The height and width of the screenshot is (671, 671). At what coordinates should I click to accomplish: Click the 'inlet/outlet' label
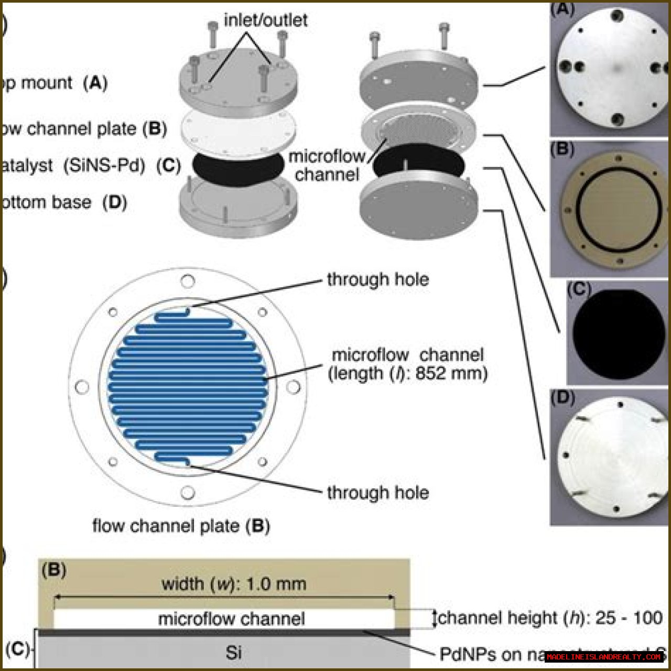[265, 20]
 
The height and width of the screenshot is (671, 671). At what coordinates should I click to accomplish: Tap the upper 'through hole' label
[377, 279]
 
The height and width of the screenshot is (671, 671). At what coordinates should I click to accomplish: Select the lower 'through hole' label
[377, 493]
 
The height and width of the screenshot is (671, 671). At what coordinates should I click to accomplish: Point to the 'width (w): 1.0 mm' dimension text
[233, 584]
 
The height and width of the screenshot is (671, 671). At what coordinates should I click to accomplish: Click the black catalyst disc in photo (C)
[619, 332]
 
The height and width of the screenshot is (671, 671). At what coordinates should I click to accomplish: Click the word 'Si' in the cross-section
[233, 653]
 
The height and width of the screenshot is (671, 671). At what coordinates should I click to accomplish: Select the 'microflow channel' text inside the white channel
[231, 619]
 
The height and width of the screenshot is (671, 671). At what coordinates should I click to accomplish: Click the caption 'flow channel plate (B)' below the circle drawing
[181, 526]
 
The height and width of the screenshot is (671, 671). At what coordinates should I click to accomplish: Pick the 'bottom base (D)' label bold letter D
[115, 202]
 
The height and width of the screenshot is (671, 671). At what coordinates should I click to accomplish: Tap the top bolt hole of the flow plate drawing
[187, 282]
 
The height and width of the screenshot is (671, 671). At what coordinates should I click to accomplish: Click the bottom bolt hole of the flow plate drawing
[187, 493]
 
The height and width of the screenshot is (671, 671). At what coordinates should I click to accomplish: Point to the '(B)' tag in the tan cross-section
[54, 570]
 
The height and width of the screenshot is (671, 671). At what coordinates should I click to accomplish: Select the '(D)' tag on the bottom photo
[562, 398]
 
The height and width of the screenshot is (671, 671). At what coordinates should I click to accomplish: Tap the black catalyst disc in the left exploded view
[238, 166]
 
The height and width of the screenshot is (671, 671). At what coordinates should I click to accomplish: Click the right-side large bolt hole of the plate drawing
[293, 387]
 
